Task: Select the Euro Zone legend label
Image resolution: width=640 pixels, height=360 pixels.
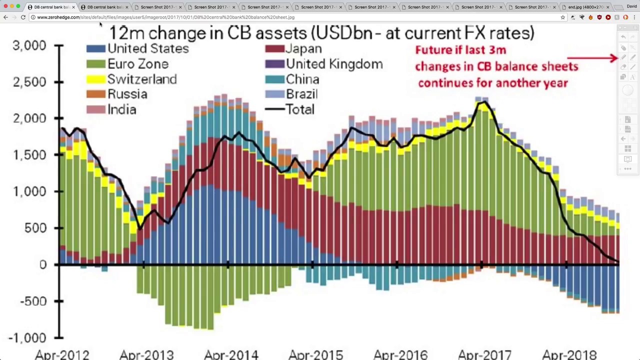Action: coord(138,64)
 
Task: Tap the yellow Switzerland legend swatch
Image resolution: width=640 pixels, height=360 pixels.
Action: coord(95,79)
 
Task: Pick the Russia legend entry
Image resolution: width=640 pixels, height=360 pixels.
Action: coord(127,94)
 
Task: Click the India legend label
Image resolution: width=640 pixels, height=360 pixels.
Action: coord(121,109)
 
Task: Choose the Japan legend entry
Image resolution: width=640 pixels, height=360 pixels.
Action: coord(303,48)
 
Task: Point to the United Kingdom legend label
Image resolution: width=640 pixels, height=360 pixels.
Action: coord(334,64)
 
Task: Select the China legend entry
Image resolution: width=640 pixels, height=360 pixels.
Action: coord(302,79)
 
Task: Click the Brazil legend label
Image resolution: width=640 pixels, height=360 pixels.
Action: coord(301,94)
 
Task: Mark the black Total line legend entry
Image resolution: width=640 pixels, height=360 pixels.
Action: coord(299,109)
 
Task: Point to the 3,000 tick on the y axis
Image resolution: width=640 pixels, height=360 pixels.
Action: coord(29,45)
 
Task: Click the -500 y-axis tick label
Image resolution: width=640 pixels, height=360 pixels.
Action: coord(29,301)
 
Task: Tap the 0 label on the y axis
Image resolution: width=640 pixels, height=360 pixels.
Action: coord(43,264)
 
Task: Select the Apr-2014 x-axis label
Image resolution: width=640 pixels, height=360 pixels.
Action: coord(231,354)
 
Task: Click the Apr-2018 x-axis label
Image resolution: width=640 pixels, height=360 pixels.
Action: coord(569,354)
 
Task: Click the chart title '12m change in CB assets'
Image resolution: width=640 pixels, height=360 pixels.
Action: coord(321,33)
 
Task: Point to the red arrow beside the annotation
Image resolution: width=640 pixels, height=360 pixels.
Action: coord(593,58)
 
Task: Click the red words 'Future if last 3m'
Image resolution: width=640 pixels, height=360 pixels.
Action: coord(460,50)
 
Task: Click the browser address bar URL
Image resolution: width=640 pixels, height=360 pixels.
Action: coord(165,17)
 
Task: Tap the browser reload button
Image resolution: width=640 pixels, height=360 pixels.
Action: coord(23,17)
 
